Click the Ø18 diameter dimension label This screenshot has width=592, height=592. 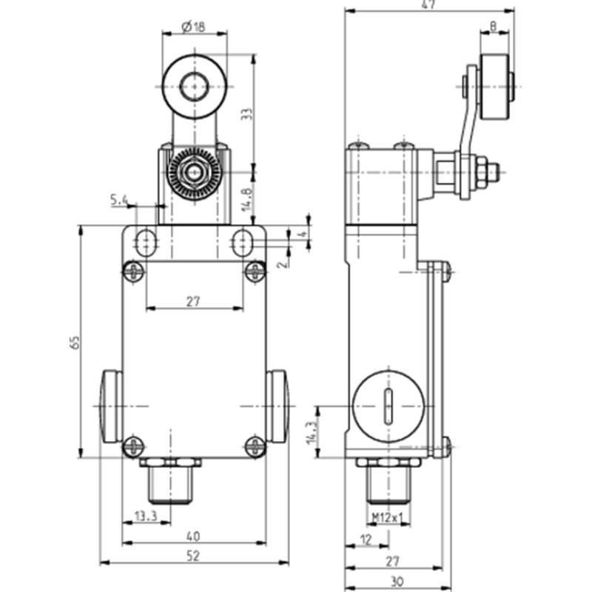tap(193, 27)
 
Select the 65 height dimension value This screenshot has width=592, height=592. tap(75, 342)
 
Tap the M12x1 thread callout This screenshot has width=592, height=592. tap(388, 517)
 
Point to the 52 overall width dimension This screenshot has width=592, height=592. tap(193, 556)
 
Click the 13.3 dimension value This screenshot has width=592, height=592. tap(146, 516)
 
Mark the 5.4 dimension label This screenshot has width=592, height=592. tap(119, 200)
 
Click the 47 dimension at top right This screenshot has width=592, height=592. tap(428, 4)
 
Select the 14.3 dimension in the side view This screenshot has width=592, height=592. tap(312, 433)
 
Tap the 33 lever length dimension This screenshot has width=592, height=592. tap(246, 114)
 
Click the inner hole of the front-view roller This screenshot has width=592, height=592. tap(195, 87)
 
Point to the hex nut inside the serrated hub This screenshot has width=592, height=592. tap(194, 173)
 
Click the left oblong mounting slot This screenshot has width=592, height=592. tap(147, 243)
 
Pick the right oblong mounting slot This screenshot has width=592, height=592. tap(243, 243)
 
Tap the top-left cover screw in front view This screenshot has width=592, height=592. tap(133, 272)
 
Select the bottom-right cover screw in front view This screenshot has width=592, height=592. tap(255, 447)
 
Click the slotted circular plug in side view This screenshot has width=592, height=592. tap(388, 406)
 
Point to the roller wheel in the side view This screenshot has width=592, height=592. tap(494, 87)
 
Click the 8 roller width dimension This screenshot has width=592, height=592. tap(493, 26)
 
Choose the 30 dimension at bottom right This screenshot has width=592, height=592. tap(397, 582)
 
